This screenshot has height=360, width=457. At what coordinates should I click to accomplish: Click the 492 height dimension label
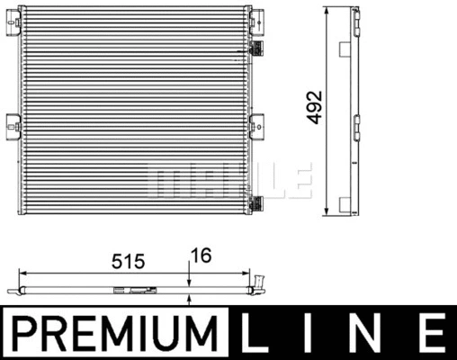point(314,107)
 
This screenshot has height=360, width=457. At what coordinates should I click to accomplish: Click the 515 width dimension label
point(129,261)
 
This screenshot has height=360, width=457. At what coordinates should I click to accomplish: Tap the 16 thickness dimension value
point(202,256)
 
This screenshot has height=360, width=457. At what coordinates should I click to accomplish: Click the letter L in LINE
point(255,332)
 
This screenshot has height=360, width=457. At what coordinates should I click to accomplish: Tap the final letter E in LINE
point(432,332)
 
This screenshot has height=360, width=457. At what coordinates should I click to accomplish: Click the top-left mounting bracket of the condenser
point(13,22)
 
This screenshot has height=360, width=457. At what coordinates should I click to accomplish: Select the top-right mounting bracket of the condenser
point(256,22)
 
